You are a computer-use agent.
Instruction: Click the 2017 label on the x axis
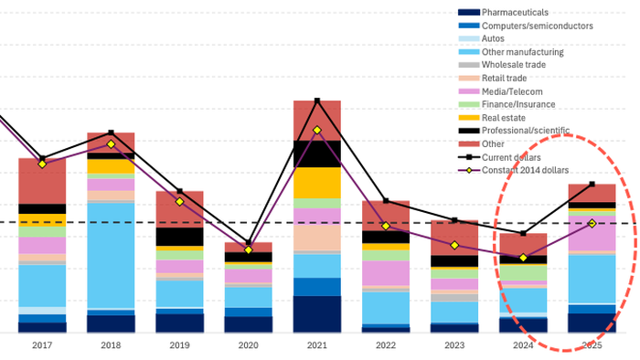[x=42, y=345]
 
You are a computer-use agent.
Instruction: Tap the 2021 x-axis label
[x=316, y=345]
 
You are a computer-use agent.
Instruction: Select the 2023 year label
[x=454, y=345]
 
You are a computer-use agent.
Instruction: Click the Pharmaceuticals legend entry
[x=503, y=13]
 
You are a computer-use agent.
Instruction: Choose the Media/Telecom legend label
[x=500, y=91]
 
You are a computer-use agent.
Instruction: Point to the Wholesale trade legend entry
[x=502, y=65]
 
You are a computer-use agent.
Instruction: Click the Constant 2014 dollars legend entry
[x=513, y=171]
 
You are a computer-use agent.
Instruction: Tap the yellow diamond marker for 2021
[x=317, y=130]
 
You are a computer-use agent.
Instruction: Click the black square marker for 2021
[x=317, y=101]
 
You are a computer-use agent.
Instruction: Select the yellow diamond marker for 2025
[x=592, y=224]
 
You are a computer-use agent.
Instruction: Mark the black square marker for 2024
[x=523, y=234]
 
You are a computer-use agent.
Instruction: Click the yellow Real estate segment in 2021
[x=316, y=183]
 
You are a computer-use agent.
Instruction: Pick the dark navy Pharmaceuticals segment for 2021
[x=316, y=314]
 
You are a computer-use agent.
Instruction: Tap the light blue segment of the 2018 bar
[x=111, y=256]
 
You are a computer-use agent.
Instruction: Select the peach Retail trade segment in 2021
[x=316, y=238]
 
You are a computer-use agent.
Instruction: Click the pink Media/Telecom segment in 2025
[x=592, y=233]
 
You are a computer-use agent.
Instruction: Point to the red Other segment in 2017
[x=42, y=181]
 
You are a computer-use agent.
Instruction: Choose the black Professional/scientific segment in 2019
[x=179, y=237]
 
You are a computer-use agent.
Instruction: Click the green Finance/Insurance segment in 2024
[x=523, y=273]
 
